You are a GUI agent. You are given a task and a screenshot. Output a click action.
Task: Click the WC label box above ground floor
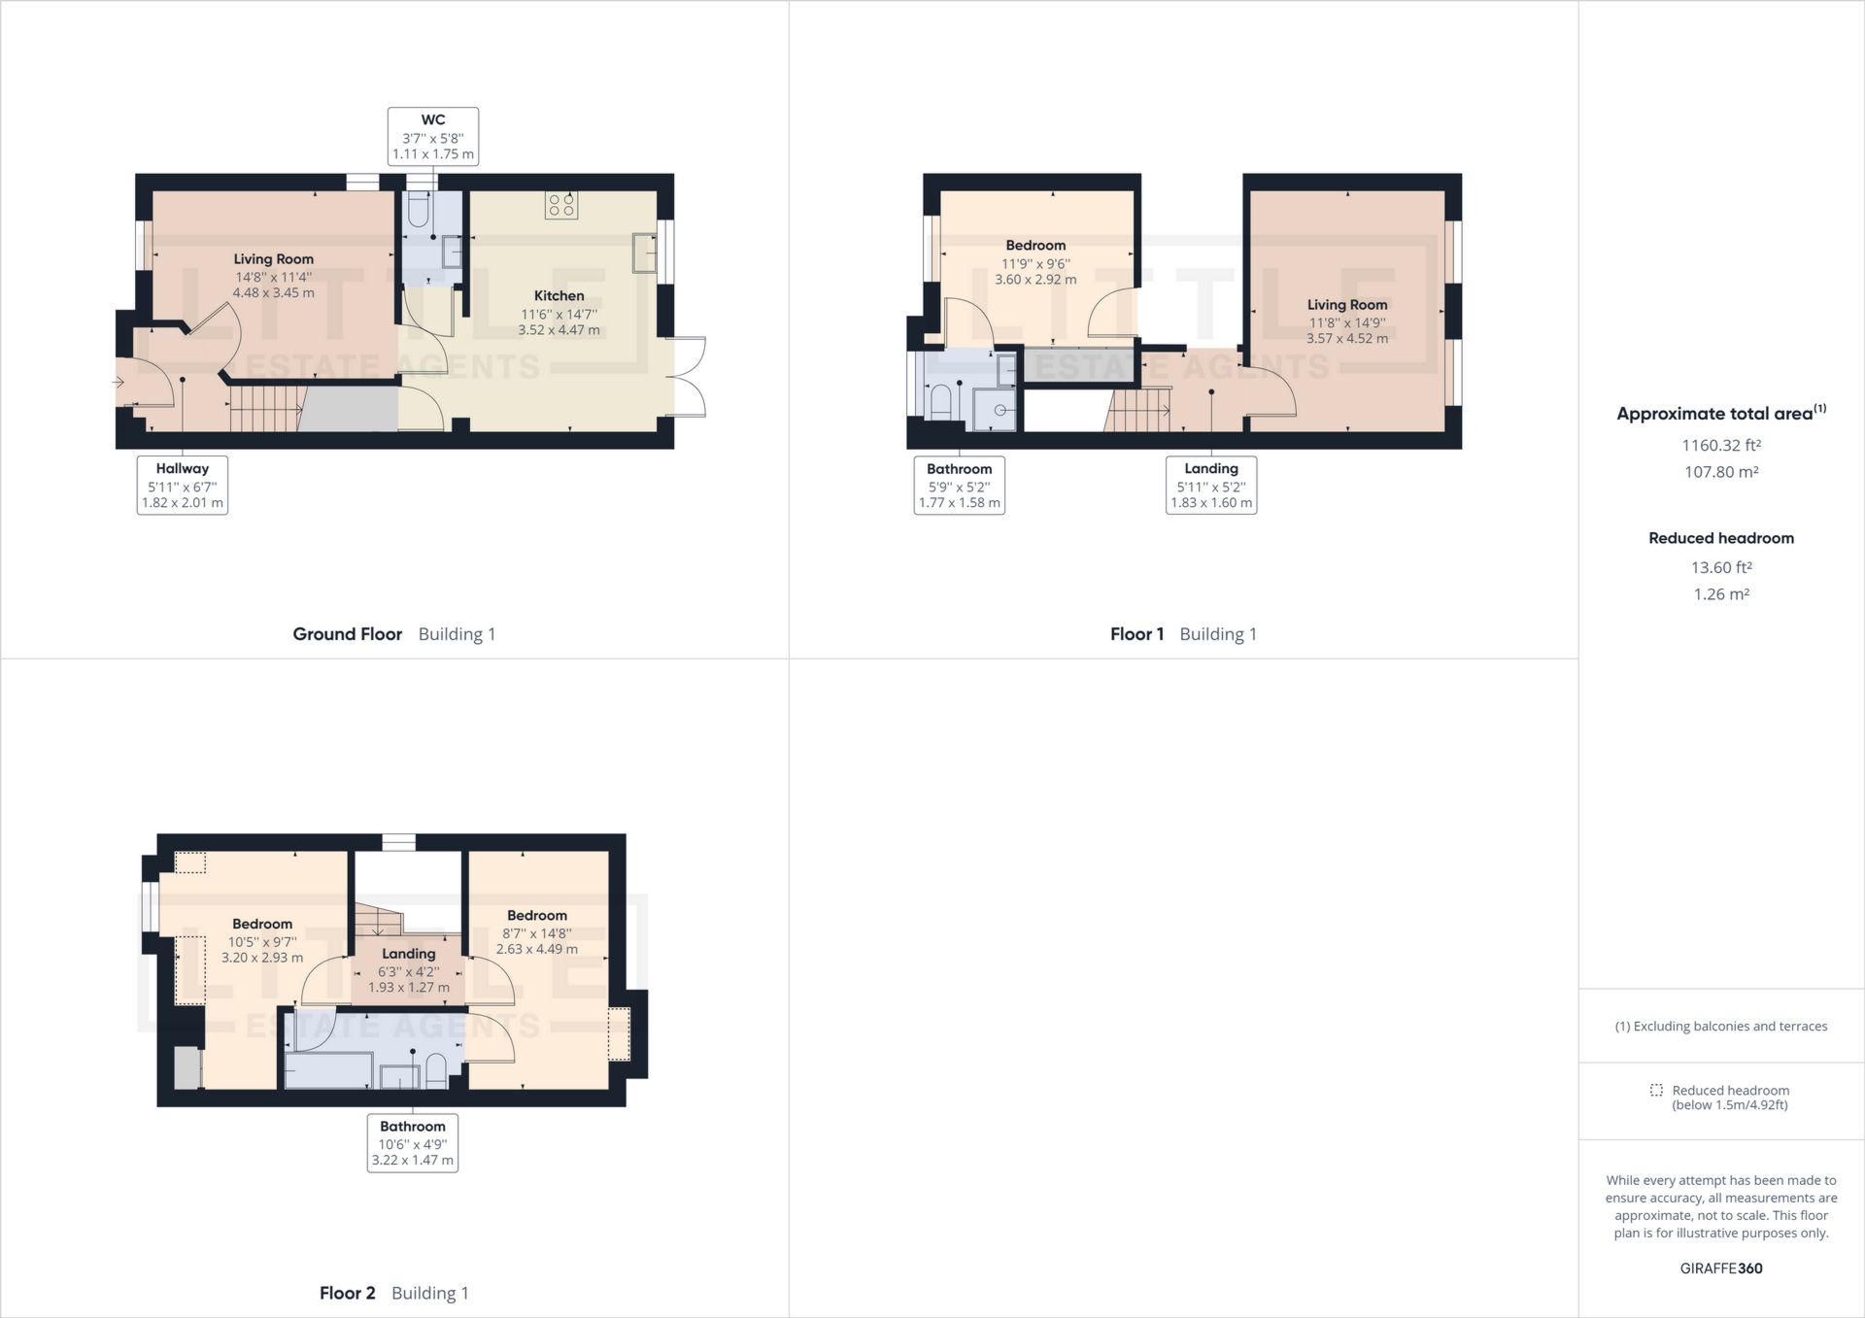(432, 136)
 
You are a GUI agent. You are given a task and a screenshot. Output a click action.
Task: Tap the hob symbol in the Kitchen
(561, 204)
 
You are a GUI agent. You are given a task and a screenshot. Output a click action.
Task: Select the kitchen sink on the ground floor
(644, 253)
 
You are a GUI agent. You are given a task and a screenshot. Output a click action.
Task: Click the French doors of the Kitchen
(689, 376)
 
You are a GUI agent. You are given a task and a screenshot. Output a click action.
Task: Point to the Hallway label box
(183, 485)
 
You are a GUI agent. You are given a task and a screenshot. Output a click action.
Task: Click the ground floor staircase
(264, 408)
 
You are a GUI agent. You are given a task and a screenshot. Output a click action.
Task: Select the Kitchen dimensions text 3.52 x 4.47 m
(559, 330)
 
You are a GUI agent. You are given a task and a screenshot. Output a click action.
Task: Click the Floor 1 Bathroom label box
(959, 485)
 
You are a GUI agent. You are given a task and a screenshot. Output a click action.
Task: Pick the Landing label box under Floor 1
(1211, 485)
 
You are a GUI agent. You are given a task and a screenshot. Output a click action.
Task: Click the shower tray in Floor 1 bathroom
(994, 410)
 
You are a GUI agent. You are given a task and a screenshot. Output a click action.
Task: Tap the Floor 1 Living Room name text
(1346, 304)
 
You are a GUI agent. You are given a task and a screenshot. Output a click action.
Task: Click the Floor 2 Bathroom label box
(412, 1143)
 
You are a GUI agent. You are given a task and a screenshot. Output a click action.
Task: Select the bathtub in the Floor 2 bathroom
(327, 1071)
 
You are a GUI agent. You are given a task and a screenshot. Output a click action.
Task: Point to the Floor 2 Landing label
(408, 954)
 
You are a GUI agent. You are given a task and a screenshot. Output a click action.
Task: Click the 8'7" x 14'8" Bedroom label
(536, 932)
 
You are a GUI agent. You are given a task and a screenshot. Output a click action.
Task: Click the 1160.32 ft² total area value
(1721, 445)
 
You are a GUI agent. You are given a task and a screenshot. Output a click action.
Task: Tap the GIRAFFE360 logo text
(1720, 1268)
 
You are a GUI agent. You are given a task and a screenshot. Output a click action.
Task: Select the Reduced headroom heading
(1720, 538)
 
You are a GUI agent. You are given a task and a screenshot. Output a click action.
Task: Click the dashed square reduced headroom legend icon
(1656, 1090)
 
